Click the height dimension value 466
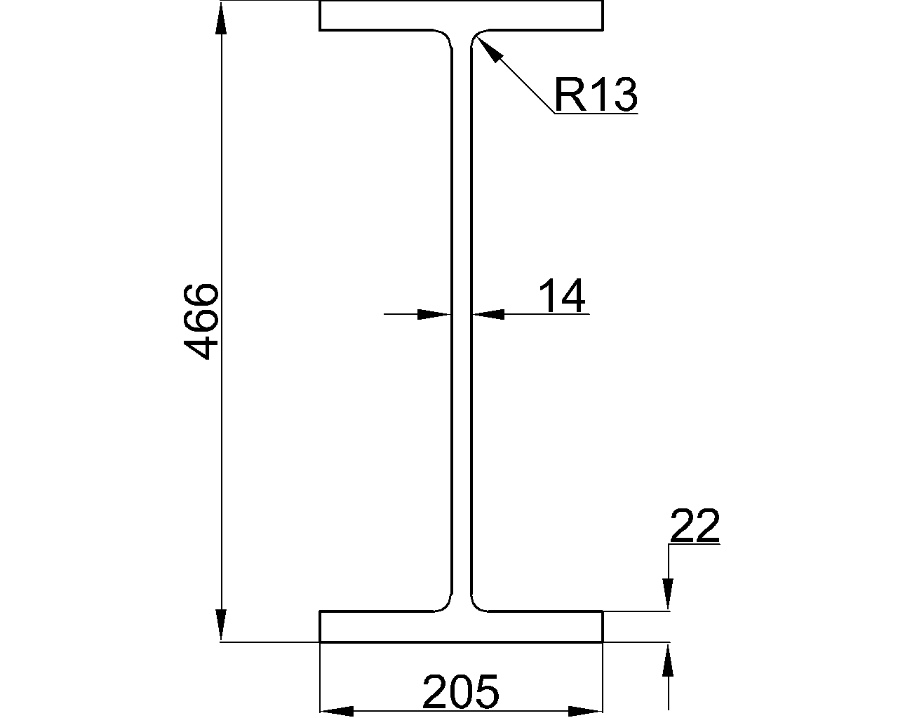200,322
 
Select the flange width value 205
460,691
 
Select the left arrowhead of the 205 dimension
337,710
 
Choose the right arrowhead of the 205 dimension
586,710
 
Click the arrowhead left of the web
434,314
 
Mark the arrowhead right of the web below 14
488,314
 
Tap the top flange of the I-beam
461,16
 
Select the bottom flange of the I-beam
461,627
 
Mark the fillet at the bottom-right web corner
476,604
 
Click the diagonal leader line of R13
519,81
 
